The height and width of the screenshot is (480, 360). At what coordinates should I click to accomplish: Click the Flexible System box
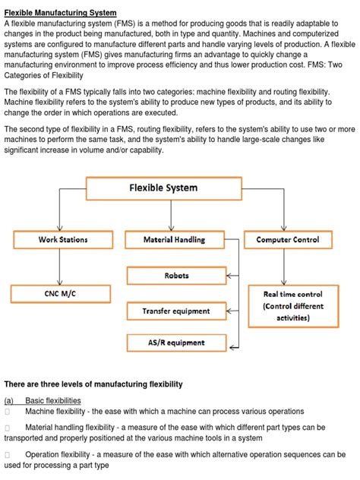[163, 188]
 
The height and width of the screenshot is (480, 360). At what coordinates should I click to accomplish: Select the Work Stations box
[63, 240]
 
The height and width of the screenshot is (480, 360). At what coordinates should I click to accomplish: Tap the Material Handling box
[175, 240]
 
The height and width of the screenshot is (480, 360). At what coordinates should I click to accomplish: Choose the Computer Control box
[288, 240]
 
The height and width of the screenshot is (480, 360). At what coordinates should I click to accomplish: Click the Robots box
[176, 276]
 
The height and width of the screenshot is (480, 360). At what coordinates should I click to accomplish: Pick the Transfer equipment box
[176, 311]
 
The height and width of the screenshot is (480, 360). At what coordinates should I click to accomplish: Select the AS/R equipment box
[176, 343]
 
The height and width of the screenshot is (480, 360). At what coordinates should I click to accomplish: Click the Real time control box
[292, 305]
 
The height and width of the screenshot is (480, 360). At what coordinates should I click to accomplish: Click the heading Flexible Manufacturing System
[61, 13]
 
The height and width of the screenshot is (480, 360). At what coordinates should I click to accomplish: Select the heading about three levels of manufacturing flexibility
[93, 384]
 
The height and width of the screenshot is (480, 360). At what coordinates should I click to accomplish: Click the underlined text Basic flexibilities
[53, 400]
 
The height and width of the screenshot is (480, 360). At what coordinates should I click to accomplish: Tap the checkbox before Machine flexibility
[8, 412]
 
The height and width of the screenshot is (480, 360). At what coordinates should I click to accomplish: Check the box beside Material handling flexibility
[8, 428]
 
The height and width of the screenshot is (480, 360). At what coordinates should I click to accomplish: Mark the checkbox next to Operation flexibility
[8, 455]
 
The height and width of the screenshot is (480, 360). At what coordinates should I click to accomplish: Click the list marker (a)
[9, 400]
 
